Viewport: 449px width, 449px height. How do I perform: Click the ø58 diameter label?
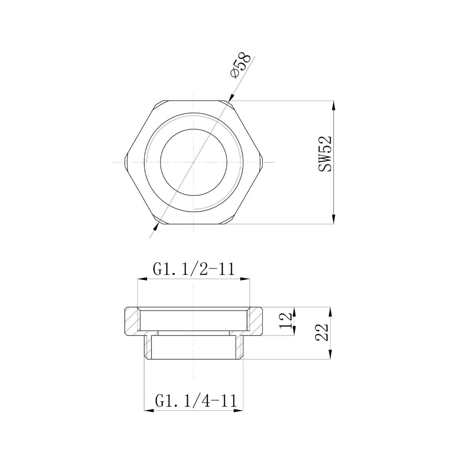pyautogui.click(x=240, y=66)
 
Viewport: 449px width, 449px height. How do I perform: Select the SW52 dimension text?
pyautogui.click(x=325, y=154)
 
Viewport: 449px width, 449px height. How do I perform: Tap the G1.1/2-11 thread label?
pyautogui.click(x=194, y=269)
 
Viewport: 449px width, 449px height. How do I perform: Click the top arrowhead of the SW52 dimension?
pyautogui.click(x=333, y=105)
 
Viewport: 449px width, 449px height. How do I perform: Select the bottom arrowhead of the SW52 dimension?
pyautogui.click(x=333, y=220)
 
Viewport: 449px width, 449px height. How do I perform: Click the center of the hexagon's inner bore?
pyautogui.click(x=194, y=162)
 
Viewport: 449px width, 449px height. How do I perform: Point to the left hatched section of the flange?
pyautogui.click(x=132, y=321)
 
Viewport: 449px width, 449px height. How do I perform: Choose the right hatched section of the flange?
pyautogui.click(x=256, y=321)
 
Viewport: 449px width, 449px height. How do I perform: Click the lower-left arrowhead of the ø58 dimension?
pyautogui.click(x=157, y=226)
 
